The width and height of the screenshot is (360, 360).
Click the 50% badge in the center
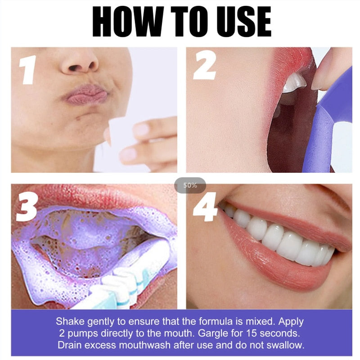tap(190, 185)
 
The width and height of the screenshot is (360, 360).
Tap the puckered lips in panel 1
tap(85, 95)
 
